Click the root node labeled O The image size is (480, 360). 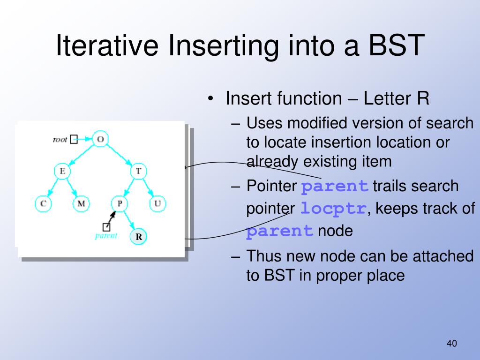(100, 139)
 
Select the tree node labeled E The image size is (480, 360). (62, 171)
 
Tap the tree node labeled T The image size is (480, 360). (138, 171)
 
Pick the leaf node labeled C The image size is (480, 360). (43, 203)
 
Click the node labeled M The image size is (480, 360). (82, 203)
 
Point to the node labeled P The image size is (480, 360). (120, 203)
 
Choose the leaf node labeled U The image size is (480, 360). (157, 203)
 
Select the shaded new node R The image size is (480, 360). (138, 237)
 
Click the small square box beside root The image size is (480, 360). (74, 139)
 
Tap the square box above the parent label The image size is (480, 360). (106, 227)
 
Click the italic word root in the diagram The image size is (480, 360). (60, 140)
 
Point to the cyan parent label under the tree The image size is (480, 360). (106, 236)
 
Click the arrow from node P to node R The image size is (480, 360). (128, 219)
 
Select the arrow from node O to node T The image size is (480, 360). (120, 155)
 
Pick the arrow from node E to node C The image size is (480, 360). (53, 187)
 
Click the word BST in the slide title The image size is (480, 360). (396, 45)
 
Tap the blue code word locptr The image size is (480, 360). (333, 209)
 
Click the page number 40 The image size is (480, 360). (451, 344)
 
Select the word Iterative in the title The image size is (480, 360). (107, 45)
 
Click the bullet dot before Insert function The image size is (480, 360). (210, 99)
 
